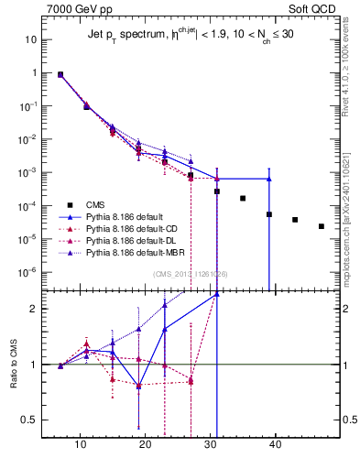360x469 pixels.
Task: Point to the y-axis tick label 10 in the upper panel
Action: [31, 40]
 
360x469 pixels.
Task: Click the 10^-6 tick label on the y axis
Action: [27, 272]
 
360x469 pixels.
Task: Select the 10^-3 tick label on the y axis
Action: [27, 172]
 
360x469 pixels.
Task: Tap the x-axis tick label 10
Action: [82, 450]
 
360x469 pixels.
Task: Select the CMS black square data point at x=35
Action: [243, 198]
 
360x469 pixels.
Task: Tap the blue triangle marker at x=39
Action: [268, 179]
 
